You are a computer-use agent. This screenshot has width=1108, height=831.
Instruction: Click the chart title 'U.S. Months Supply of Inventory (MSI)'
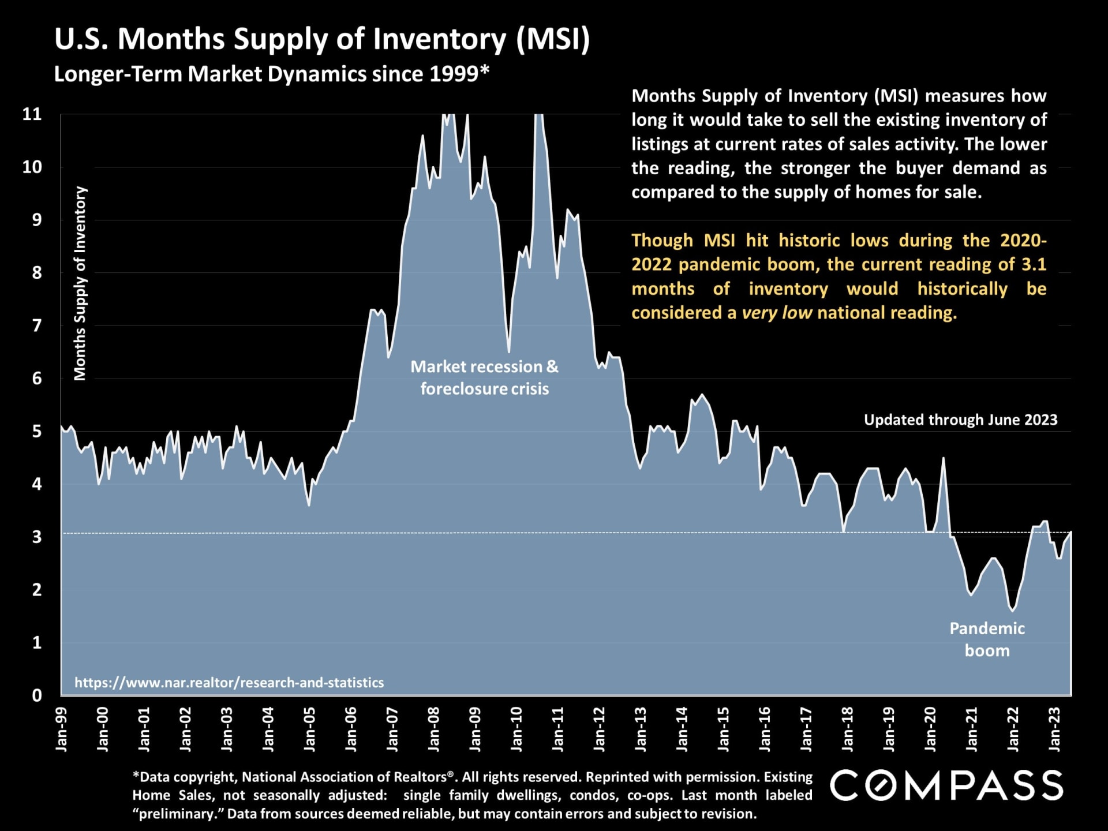point(322,39)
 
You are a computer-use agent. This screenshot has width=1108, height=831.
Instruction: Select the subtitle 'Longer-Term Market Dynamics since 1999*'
point(271,74)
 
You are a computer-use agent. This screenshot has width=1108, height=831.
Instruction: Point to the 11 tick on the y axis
point(32,114)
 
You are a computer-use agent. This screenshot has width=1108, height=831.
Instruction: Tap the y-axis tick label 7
point(37,326)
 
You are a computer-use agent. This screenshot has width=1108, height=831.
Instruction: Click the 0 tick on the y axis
point(37,695)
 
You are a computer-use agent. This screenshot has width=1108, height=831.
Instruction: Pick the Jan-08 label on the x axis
point(433,729)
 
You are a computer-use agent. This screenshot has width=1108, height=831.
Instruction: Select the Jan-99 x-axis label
point(61,729)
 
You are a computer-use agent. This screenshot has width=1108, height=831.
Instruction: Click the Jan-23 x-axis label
point(1055,729)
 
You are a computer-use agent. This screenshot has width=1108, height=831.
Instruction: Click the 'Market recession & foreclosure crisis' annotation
point(484,377)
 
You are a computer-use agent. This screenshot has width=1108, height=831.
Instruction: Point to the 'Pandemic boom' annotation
point(987,639)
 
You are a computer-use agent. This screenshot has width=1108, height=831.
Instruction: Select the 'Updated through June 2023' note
point(960,420)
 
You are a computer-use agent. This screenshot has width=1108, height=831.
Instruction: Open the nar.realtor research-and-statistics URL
point(229,683)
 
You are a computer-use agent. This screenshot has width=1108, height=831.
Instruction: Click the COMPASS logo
point(946,785)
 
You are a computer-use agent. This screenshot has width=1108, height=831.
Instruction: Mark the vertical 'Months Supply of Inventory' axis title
point(80,283)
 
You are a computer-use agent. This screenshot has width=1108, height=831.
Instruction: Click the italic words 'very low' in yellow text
point(777,313)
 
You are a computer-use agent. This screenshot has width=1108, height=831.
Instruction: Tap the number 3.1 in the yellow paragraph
point(1034,264)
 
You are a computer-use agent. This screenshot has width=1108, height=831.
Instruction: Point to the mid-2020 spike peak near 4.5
point(944,458)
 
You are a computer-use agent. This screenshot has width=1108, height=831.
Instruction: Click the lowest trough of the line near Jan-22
point(1013,611)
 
